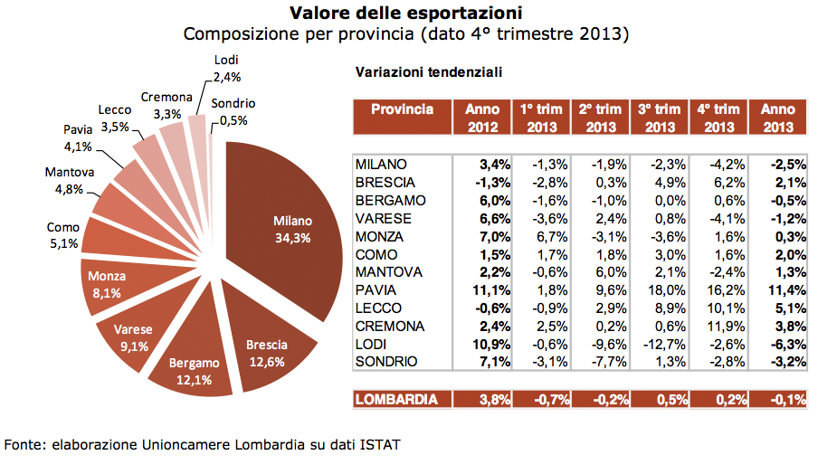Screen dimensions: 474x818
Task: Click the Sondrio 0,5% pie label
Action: pos(233,112)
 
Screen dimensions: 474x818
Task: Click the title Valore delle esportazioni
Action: pos(405,14)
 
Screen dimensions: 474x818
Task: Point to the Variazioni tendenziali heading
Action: pos(429,71)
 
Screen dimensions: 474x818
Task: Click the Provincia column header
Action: pos(401,109)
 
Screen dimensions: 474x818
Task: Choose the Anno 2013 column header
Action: pos(778,118)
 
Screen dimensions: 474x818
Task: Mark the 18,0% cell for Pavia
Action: pos(658,290)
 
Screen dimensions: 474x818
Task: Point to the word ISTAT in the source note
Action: pos(380,445)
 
